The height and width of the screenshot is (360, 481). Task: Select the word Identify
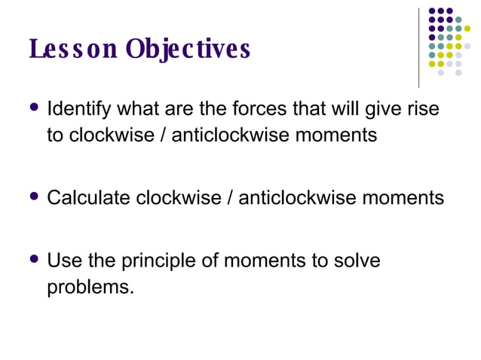[77, 110]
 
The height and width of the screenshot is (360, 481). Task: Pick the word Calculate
[89, 198]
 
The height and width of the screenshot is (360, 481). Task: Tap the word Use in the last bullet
[62, 261]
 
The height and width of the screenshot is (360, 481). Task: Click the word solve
[357, 261]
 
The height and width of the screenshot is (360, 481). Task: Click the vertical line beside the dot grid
[418, 47]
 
